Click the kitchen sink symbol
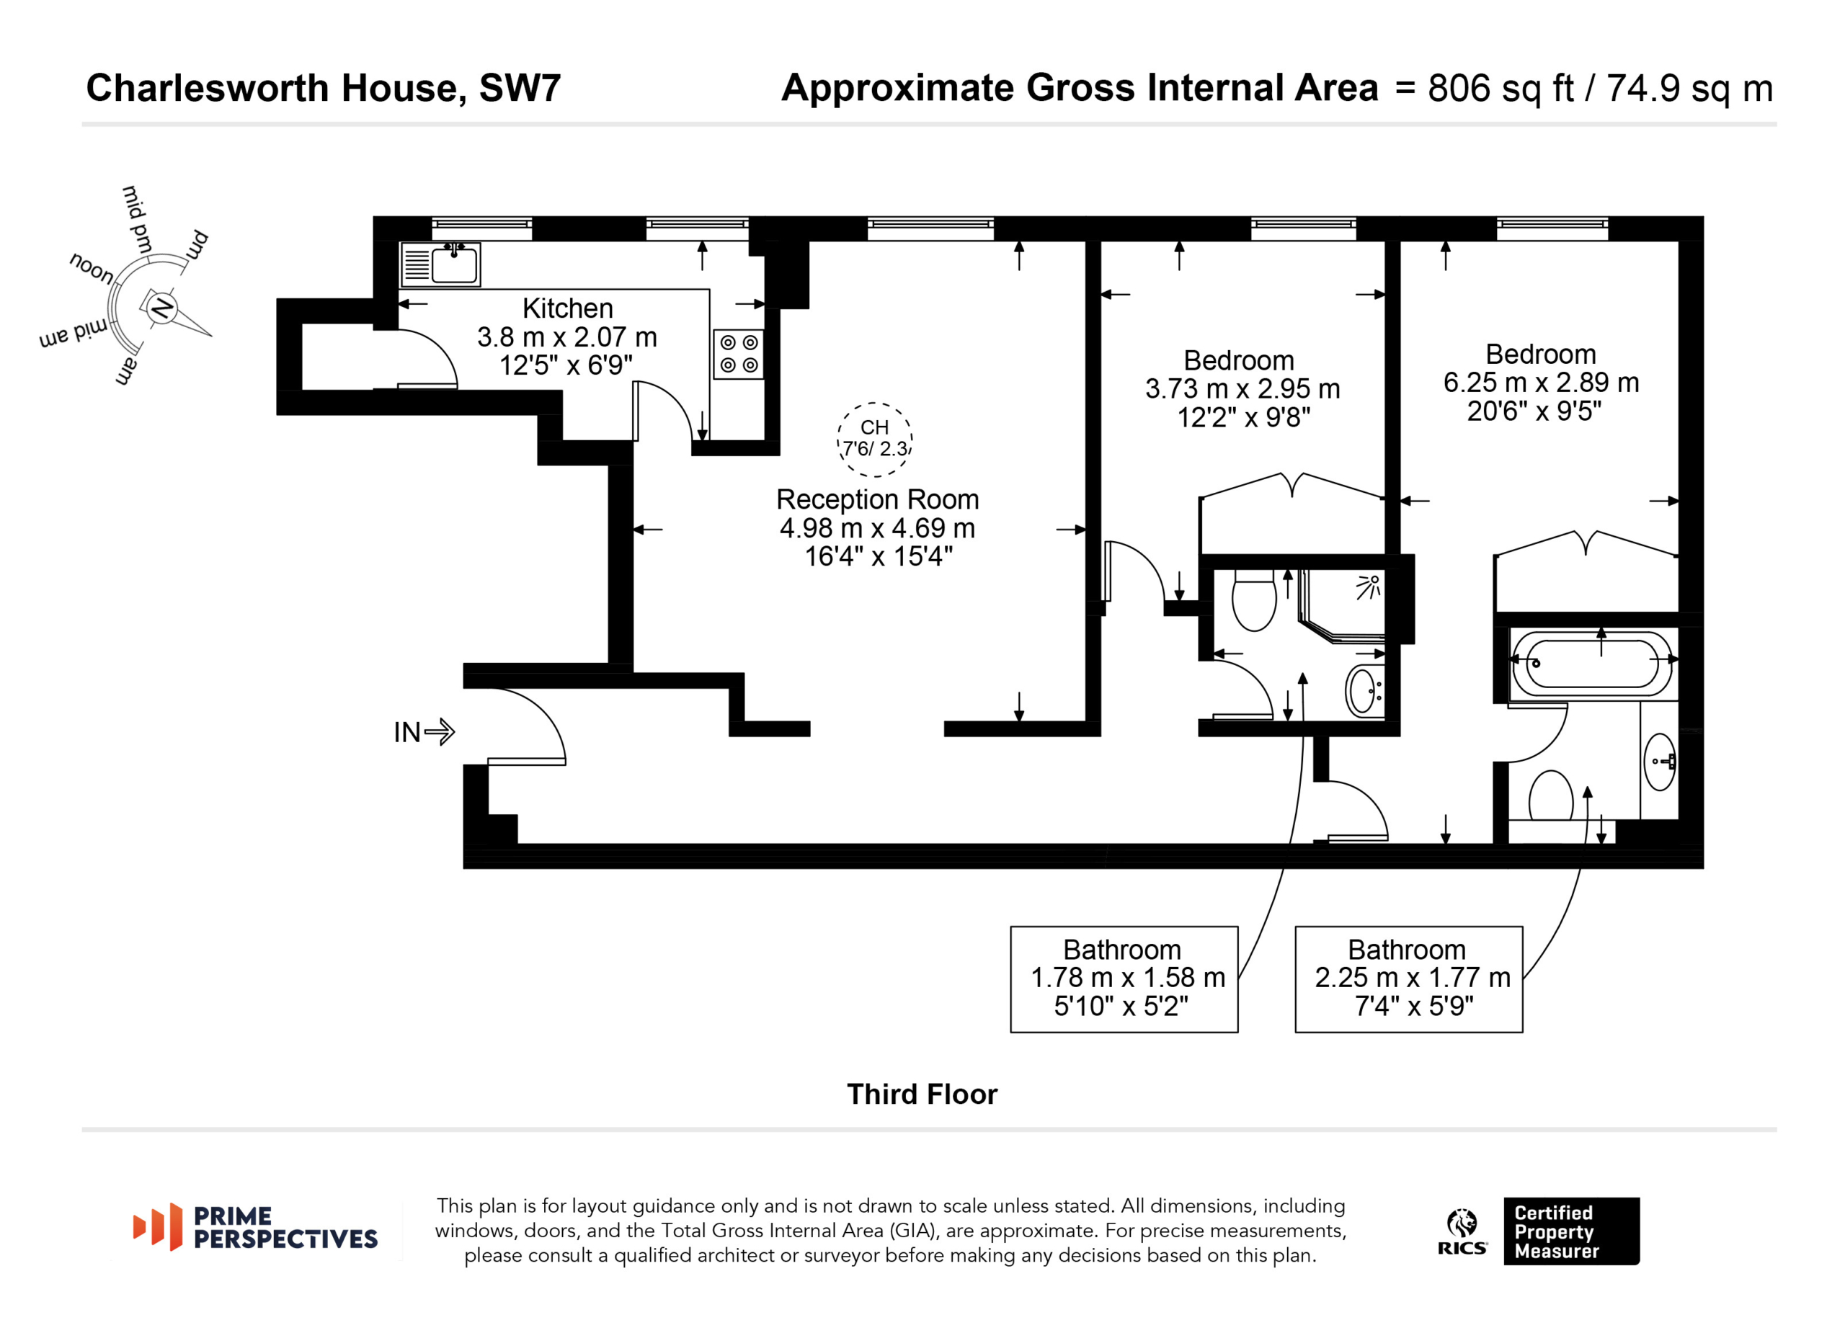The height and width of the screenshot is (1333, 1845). tap(440, 264)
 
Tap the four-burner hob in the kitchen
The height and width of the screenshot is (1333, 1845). tap(739, 354)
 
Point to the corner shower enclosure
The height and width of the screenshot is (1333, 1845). tap(1342, 606)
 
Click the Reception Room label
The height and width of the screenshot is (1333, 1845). tap(877, 499)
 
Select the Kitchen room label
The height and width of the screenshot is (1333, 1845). tap(567, 308)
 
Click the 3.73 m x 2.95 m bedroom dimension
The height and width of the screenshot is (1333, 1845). tap(1242, 389)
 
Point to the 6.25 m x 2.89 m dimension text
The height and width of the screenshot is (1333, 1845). tap(1541, 383)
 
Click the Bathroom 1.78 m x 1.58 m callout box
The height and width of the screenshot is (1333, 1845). tap(1124, 979)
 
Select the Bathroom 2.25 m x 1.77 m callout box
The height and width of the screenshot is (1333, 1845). tap(1408, 979)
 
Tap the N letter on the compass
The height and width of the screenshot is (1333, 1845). tap(163, 308)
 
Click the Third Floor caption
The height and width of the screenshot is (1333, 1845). tap(922, 1094)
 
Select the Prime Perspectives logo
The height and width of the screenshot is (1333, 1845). tap(254, 1226)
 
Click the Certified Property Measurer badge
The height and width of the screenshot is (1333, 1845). tap(1571, 1231)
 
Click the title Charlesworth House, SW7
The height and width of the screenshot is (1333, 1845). tap(323, 88)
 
